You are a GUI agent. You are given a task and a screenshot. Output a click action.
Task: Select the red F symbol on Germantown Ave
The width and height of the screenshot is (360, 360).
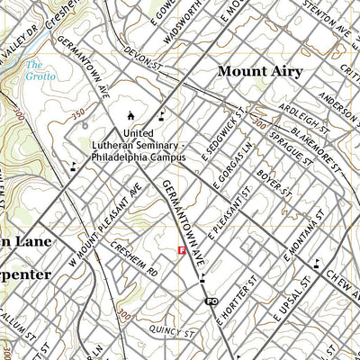click(183, 251)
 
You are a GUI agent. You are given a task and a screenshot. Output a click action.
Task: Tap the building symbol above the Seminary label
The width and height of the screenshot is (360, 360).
click(131, 115)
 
